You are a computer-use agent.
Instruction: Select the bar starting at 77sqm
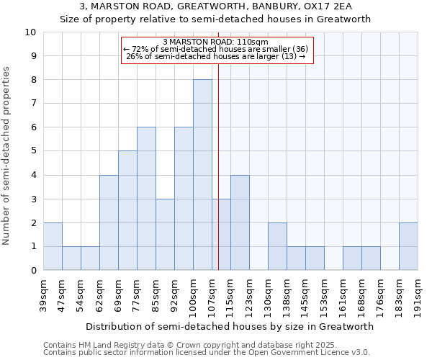tap(146, 199)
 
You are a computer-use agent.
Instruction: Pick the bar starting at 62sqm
tap(109, 222)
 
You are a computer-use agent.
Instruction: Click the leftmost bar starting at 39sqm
tap(53, 246)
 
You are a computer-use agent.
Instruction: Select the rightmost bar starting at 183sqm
tap(408, 246)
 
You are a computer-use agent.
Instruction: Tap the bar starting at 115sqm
tap(240, 222)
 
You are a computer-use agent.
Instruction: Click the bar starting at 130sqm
tap(277, 246)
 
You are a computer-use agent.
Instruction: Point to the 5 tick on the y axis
tap(33, 151)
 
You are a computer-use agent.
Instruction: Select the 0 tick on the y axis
tap(33, 271)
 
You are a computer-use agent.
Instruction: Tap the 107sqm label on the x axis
tap(212, 293)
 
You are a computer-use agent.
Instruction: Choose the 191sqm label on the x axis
tap(418, 293)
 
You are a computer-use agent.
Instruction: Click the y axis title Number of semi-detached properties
tap(7, 156)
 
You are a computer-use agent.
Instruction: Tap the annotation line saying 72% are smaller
tap(216, 49)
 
